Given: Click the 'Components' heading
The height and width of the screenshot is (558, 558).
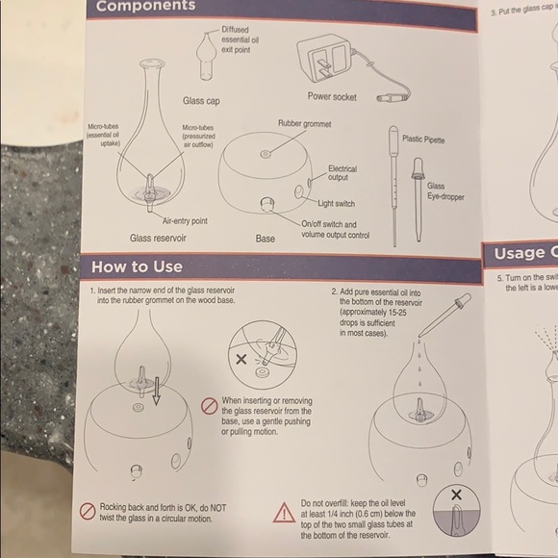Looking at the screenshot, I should (144, 7).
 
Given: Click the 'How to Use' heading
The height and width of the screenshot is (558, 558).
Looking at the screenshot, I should (136, 266).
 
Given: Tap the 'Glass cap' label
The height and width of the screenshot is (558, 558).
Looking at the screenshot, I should (203, 100).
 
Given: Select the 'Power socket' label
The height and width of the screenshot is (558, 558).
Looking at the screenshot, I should (332, 96).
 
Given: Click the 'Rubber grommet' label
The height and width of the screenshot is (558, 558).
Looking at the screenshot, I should (304, 124).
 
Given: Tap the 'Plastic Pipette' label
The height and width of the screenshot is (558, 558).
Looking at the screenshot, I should (423, 139).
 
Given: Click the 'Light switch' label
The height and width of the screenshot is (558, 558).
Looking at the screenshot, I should (337, 203).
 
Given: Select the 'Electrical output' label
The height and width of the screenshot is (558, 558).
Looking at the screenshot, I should (342, 173).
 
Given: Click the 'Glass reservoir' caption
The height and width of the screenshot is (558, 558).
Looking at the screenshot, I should (158, 237).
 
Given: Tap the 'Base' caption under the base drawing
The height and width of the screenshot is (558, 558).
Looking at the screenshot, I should (266, 237).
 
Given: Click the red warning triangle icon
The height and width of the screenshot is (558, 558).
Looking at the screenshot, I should (283, 513).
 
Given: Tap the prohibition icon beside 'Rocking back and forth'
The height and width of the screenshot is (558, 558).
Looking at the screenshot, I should (87, 508).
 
